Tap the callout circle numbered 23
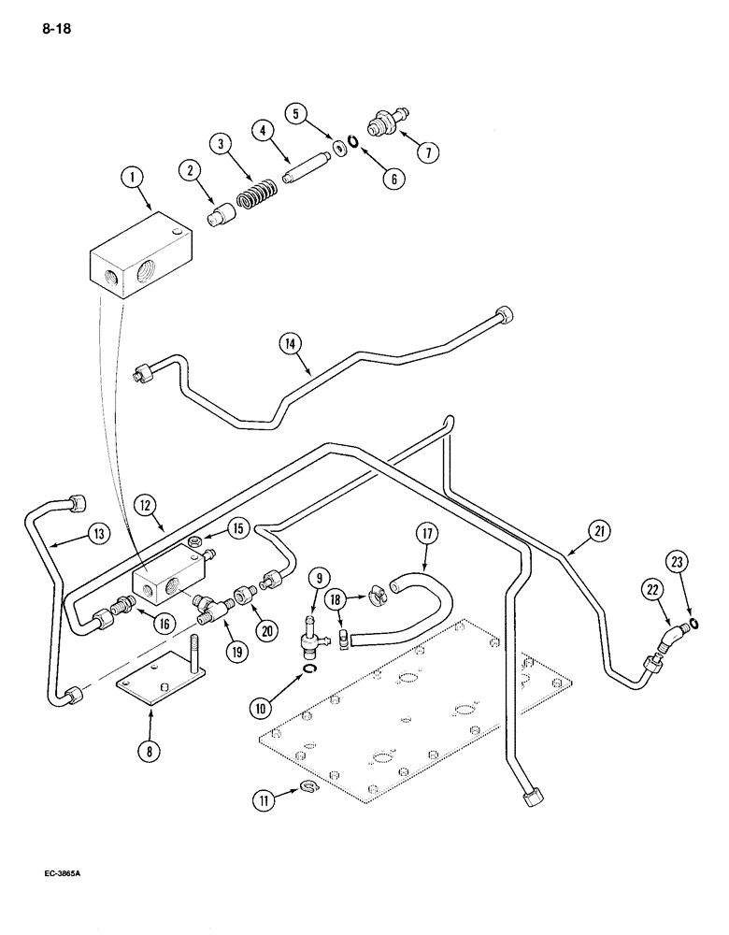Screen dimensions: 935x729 point(678,564)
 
